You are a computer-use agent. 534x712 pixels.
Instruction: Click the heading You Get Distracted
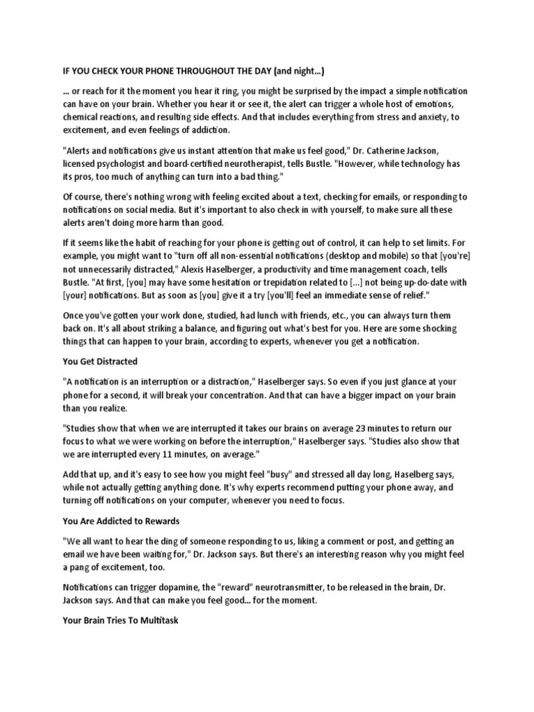click(x=99, y=362)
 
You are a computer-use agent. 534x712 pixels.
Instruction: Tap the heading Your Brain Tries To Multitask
click(x=120, y=620)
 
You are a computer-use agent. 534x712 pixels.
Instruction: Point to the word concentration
click(x=227, y=394)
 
